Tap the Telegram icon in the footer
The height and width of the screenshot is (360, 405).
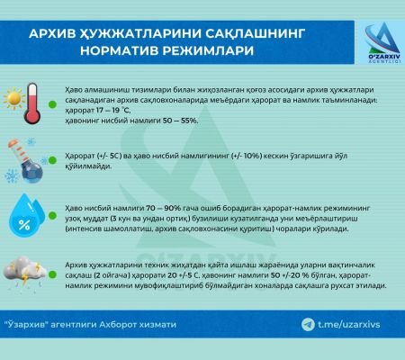tap(308, 325)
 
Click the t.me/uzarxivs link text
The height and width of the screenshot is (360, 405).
tap(349, 325)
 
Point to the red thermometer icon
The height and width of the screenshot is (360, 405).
tap(32, 103)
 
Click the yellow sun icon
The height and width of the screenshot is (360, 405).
tap(14, 98)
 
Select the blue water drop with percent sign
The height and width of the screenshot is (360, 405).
tap(26, 215)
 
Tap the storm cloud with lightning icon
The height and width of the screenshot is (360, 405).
tap(24, 273)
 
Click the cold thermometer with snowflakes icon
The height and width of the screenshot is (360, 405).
tap(25, 160)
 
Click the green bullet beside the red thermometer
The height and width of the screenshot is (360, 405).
tap(53, 104)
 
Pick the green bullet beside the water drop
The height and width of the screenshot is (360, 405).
tap(52, 215)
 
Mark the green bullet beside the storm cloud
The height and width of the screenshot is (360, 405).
tap(52, 274)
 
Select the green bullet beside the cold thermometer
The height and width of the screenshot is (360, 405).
tap(52, 160)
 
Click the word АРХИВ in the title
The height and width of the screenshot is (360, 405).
tap(52, 33)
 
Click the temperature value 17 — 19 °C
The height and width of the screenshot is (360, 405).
tap(113, 111)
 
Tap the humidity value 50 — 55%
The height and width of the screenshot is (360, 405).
tap(180, 121)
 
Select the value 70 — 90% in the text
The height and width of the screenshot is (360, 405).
tap(164, 208)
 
